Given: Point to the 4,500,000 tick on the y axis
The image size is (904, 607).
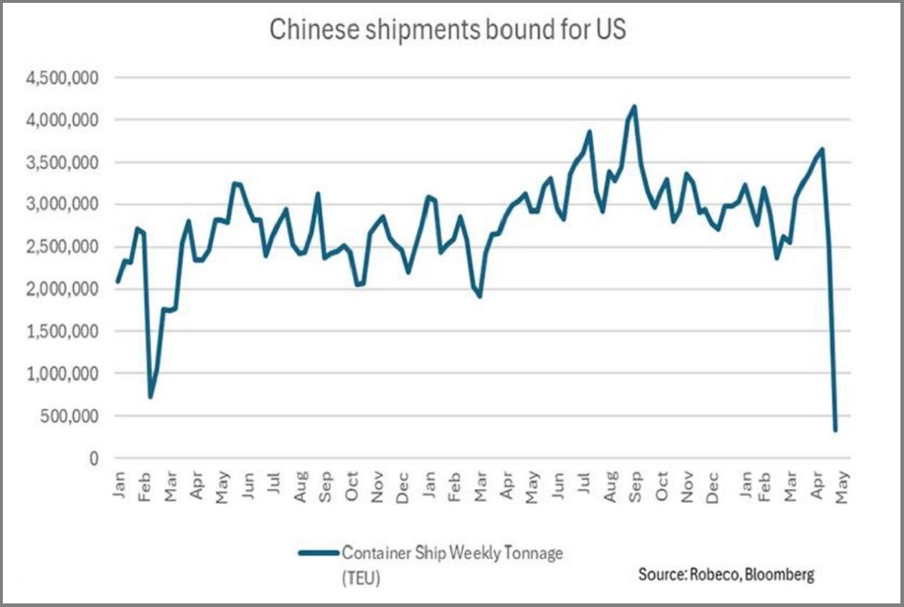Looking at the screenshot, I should [x=61, y=77].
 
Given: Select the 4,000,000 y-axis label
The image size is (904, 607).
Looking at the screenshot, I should [x=61, y=120].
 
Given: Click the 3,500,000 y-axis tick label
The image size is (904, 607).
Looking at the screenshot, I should [x=61, y=162].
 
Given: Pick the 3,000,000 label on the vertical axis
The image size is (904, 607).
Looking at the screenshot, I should [x=61, y=204].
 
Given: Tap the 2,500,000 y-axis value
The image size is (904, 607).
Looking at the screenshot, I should [x=61, y=247].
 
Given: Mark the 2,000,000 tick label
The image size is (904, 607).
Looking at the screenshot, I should [x=61, y=289].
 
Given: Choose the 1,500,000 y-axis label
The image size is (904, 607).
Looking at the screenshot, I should [x=61, y=331].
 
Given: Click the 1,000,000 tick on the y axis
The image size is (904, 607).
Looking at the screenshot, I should [x=61, y=374].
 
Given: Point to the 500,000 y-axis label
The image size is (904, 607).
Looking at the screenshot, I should [x=67, y=416].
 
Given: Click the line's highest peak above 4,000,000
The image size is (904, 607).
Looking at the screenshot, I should [x=634, y=107].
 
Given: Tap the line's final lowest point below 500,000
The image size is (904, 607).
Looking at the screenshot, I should [x=835, y=430].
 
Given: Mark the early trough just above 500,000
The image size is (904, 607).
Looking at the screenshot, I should [x=151, y=397].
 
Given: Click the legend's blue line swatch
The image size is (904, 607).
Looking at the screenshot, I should [x=318, y=552].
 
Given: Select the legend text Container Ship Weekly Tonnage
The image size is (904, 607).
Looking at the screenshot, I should [x=452, y=552].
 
